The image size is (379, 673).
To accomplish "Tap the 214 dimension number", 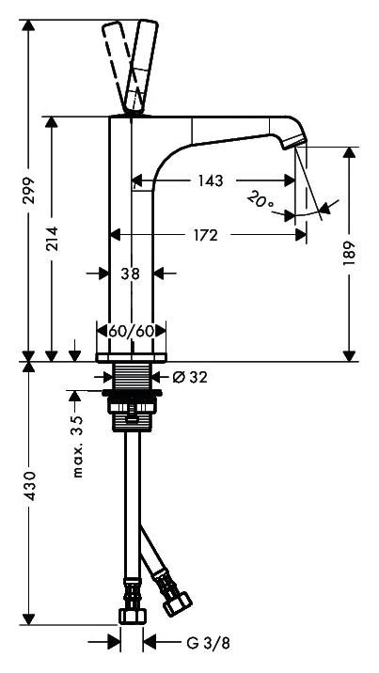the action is [52, 239].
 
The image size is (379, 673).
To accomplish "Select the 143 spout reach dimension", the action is [211, 180].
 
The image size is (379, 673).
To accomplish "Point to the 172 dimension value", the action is [205, 235].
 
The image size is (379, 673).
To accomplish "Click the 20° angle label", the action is [261, 199].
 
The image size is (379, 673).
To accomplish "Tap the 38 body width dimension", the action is [130, 274].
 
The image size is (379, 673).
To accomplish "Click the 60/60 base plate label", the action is [131, 331].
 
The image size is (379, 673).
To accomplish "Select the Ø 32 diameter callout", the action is [189, 377].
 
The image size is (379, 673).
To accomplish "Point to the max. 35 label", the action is [77, 446].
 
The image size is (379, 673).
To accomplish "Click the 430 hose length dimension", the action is [29, 486].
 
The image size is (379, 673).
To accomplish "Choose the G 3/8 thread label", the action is [208, 643].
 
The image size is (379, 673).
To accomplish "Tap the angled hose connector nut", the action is [178, 603].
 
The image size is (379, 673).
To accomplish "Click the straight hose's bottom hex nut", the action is [133, 616].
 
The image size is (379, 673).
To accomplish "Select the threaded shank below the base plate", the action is [133, 372].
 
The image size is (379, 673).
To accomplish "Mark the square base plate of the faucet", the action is [132, 357].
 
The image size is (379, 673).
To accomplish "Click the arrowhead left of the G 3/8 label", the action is [114, 642].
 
